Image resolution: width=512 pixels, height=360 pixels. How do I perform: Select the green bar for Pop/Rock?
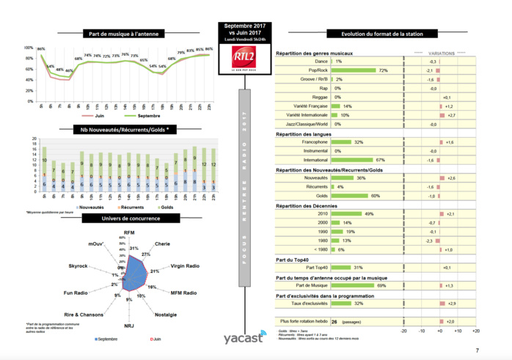(x=354, y=70)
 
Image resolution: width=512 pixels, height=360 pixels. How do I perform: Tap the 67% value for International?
(x=380, y=159)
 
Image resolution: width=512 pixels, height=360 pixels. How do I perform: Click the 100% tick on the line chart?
(x=29, y=48)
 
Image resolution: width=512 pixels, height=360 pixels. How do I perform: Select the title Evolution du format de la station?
(x=378, y=34)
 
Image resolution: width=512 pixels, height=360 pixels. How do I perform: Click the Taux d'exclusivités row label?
(x=307, y=303)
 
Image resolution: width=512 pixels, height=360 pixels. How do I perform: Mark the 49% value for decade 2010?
(x=369, y=213)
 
